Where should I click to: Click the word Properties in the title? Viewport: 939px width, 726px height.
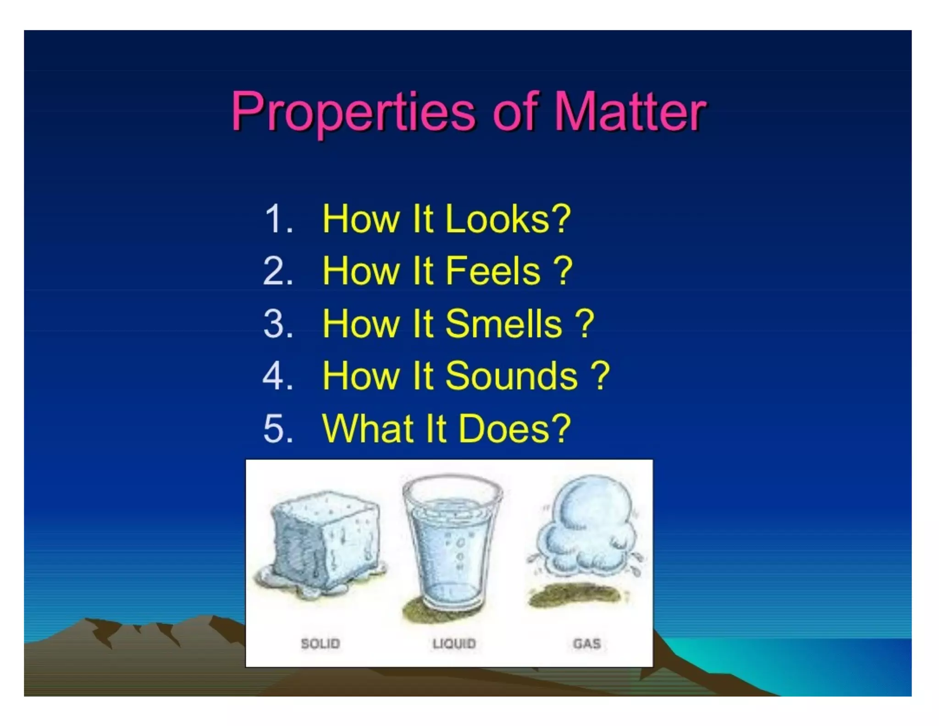(353, 112)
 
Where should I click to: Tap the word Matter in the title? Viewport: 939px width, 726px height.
(630, 112)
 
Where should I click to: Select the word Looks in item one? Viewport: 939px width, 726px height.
(507, 219)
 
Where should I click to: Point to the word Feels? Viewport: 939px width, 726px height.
(493, 271)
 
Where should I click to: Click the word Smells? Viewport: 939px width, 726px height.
(503, 324)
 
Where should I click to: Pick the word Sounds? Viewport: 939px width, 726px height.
(511, 376)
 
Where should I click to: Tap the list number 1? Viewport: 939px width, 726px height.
(278, 219)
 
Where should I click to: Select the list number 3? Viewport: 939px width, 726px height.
(278, 324)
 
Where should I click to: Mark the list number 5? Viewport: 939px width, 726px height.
(278, 429)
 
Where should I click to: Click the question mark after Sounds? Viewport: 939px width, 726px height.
(600, 376)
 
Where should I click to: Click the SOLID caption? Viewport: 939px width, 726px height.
(320, 643)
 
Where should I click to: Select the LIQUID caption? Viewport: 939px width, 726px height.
(454, 643)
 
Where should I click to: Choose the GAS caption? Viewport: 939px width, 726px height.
(587, 643)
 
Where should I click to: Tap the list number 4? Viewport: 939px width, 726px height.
(278, 376)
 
